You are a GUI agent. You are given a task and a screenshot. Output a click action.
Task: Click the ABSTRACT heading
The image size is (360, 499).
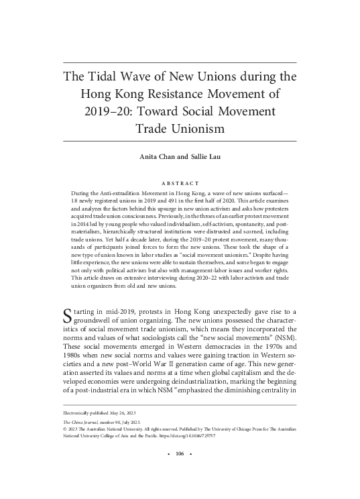click(180, 182)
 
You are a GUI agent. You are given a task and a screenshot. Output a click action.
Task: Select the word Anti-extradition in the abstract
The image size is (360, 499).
click(127, 192)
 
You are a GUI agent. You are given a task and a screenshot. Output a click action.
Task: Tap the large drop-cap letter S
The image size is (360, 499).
click(68, 314)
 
